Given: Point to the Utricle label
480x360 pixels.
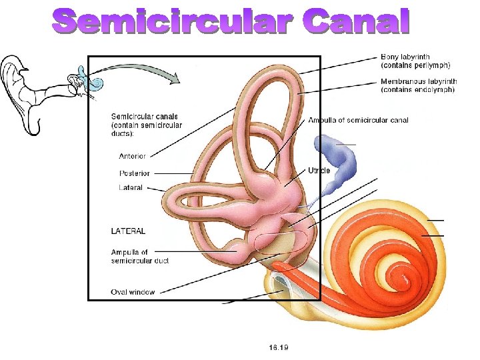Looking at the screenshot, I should click(x=319, y=171).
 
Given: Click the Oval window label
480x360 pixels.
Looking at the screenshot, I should click(x=133, y=291).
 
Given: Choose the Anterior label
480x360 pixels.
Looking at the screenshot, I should click(x=132, y=157).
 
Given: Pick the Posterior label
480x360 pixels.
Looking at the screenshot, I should click(x=134, y=173).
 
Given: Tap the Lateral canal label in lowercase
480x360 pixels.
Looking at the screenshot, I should click(x=131, y=188).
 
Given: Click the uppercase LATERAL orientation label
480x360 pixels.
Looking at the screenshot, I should click(x=128, y=231).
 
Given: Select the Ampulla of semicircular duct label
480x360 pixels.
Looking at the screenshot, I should click(x=140, y=256).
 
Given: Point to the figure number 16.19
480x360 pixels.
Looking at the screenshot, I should click(x=279, y=347).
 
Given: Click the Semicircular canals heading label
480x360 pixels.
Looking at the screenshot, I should click(x=146, y=125).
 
